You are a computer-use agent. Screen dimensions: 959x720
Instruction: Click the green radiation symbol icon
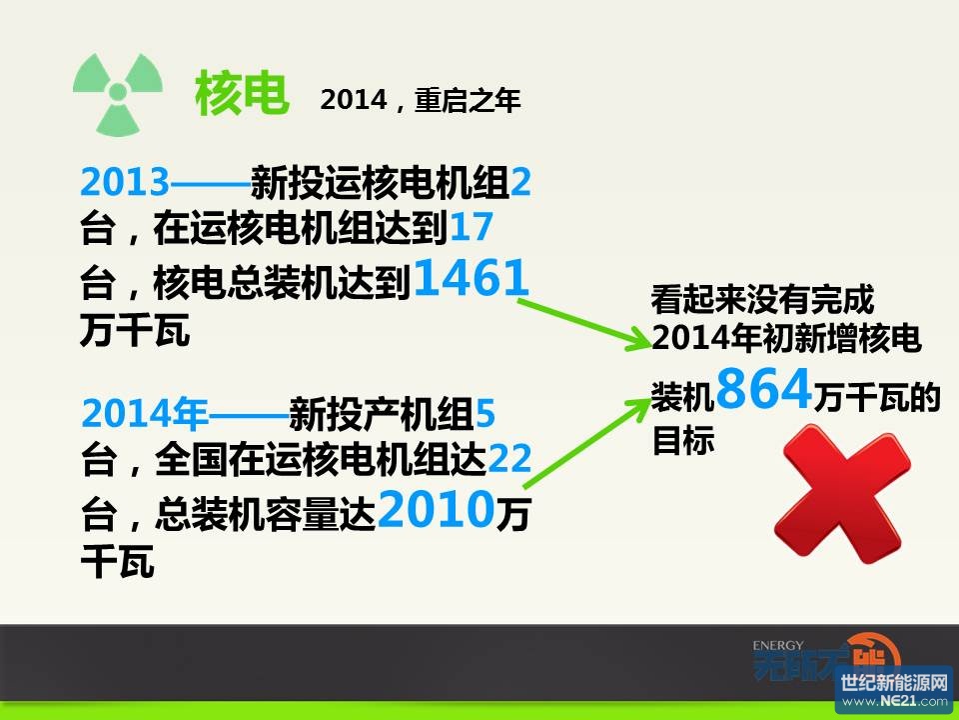[118, 94]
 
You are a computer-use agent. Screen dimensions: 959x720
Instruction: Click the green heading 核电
[241, 93]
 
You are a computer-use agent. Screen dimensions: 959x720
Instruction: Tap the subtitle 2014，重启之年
[421, 100]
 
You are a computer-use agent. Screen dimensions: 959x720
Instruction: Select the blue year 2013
[125, 182]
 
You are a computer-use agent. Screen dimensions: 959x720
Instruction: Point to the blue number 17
[471, 227]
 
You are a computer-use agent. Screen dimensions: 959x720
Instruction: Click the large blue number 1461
[471, 277]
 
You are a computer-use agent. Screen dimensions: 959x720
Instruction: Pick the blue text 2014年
[144, 413]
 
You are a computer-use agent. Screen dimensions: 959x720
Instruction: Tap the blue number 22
[508, 459]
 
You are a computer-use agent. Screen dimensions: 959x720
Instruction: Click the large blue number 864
[763, 388]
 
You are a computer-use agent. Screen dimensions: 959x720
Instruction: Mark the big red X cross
[842, 493]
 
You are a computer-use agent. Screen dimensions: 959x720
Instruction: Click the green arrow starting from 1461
[584, 324]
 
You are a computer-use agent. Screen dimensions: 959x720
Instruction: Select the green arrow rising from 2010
[587, 443]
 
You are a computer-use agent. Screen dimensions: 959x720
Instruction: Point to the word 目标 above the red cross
[683, 440]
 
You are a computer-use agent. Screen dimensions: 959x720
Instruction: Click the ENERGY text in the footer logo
[778, 645]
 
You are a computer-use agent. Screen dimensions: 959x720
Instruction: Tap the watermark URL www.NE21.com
[894, 701]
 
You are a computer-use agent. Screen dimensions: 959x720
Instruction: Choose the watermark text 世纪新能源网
[894, 682]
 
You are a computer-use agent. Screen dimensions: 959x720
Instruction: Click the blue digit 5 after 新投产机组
[485, 413]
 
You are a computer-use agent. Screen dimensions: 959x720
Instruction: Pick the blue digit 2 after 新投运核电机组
[520, 182]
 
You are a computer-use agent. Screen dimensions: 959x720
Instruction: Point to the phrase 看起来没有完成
[763, 300]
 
